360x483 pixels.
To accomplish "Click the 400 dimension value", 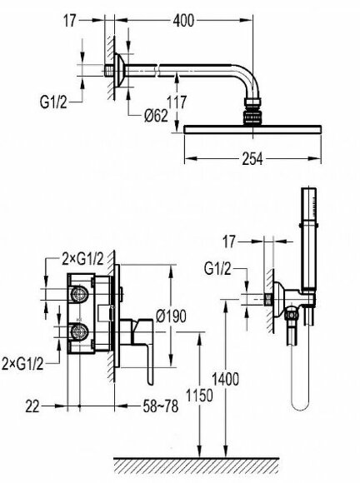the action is [183, 21].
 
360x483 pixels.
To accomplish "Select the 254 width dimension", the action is [252, 159].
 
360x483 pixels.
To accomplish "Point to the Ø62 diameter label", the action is [156, 116].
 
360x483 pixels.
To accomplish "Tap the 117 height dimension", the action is [177, 102].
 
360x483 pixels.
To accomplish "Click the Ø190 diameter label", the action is [171, 316].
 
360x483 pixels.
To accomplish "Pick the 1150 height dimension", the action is [199, 396].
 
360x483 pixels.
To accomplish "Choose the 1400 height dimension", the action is [225, 379].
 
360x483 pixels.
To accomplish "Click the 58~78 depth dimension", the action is [161, 406].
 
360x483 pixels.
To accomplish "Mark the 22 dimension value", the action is [32, 406].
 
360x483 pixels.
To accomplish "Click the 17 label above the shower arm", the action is [70, 21].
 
